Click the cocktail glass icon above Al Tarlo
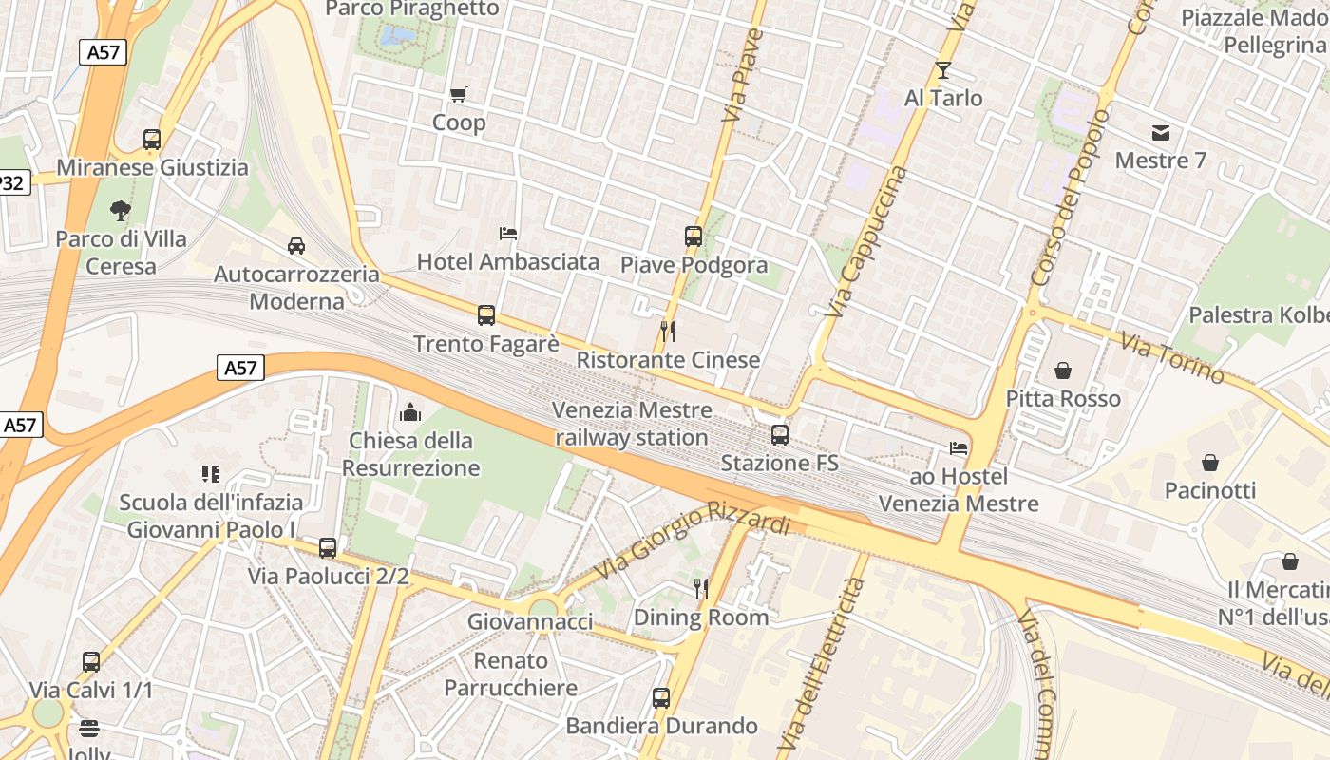pos(942,70)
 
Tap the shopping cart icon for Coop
pos(459,94)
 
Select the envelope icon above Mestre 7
pos(1161,132)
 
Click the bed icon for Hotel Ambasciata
pos(508,233)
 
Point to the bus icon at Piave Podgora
pos(693,237)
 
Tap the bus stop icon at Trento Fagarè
pos(486,315)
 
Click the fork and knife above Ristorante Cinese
pos(668,332)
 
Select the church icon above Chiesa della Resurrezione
pos(410,412)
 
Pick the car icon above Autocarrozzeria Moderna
pos(296,246)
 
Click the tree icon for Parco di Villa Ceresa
pos(120,211)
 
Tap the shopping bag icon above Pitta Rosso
pos(1063,370)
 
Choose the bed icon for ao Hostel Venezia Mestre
pos(959,448)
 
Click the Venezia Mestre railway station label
pos(633,424)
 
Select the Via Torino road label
pos(1171,358)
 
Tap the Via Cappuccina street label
pos(867,242)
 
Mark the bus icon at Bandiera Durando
pos(661,698)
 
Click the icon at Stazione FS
pos(780,435)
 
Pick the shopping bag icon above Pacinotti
pos(1210,463)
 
